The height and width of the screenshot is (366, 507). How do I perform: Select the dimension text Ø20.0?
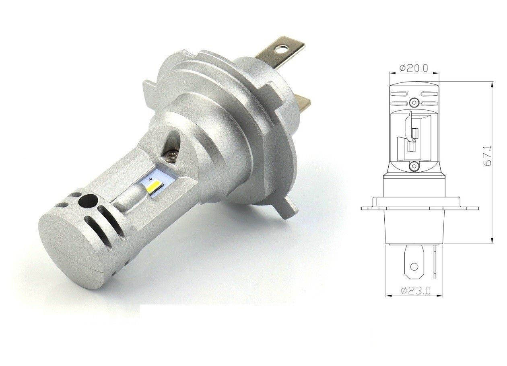coord(414,68)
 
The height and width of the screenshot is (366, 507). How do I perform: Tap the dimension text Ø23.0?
coord(415,290)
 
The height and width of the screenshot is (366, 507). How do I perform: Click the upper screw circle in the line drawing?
coord(414,101)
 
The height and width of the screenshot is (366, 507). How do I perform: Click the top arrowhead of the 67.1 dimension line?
coord(492,84)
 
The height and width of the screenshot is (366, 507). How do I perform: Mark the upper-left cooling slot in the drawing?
coord(399,94)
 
